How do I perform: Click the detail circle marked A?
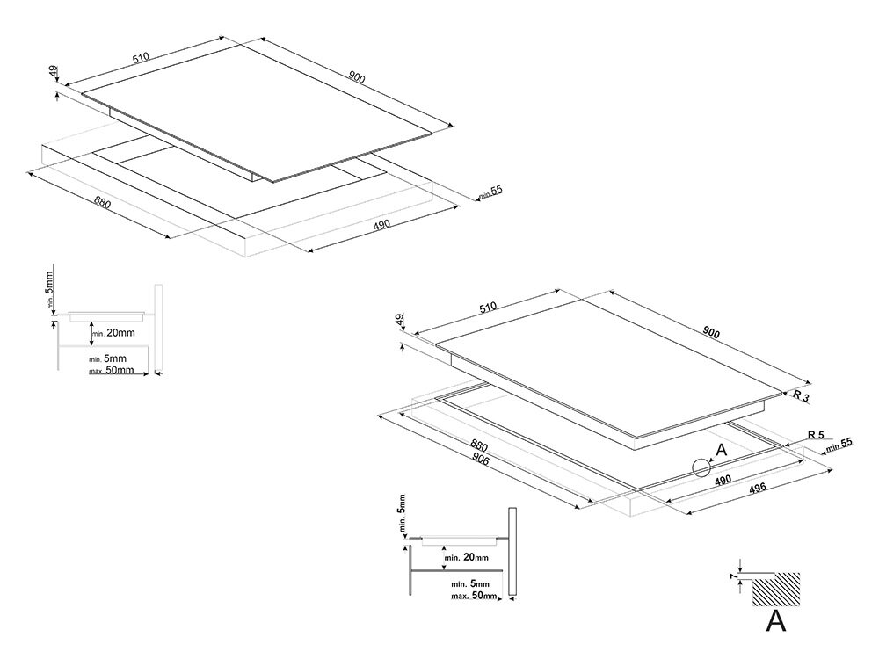(701, 467)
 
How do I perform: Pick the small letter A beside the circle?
(722, 450)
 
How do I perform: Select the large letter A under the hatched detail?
(775, 622)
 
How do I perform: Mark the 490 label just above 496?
(723, 481)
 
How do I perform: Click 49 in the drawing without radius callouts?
(54, 70)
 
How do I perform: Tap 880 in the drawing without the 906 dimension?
(102, 203)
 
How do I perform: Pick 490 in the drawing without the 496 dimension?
(381, 226)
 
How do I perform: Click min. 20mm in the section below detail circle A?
(466, 558)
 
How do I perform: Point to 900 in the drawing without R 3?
(356, 76)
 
